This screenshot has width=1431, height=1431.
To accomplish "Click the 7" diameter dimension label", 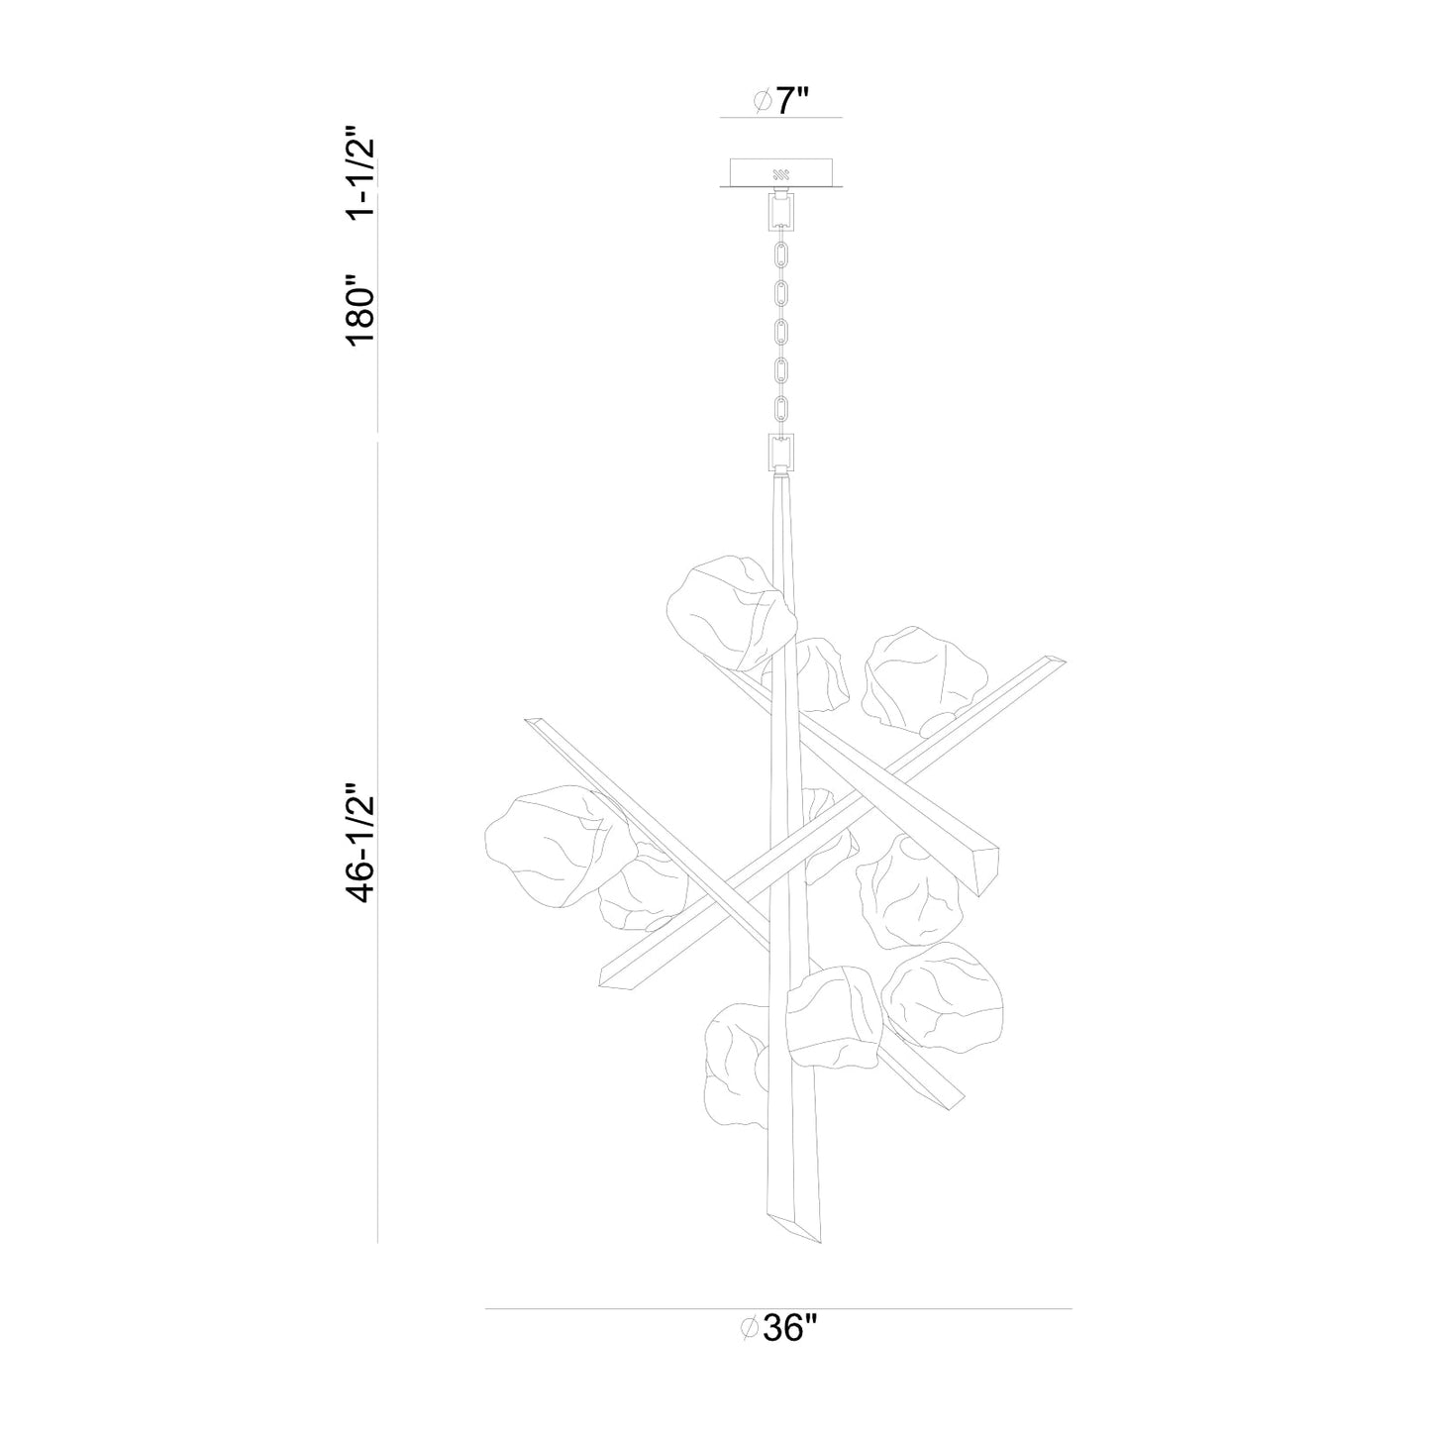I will (782, 100).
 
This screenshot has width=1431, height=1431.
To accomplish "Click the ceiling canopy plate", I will (781, 172).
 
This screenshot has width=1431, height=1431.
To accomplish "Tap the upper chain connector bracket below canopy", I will (781, 209).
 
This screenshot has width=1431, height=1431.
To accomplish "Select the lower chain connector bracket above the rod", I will (781, 454).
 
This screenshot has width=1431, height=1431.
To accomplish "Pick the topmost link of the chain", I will (781, 252).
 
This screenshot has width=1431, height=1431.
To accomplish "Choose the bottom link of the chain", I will (781, 408).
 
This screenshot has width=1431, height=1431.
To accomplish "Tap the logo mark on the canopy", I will (781, 173).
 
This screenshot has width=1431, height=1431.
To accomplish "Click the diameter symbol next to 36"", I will (750, 1328).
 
